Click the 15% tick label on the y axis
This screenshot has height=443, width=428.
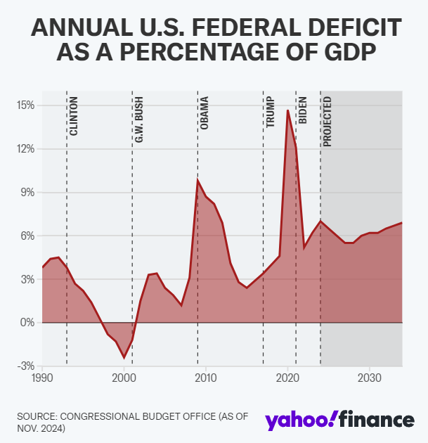(26, 105)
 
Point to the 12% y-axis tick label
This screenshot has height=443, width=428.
(26, 149)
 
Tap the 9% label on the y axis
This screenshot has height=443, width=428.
(28, 193)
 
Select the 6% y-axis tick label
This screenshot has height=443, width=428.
(28, 236)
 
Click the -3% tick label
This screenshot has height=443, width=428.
(26, 366)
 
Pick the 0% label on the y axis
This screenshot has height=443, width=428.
(28, 323)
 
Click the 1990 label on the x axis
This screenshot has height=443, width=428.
(42, 378)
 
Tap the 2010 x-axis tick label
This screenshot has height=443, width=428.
(206, 378)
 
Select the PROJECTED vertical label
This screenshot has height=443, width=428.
(328, 121)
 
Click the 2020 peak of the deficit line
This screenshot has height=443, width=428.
(287, 110)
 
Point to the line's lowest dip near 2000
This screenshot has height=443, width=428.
(124, 357)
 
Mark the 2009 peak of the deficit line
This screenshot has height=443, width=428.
(197, 180)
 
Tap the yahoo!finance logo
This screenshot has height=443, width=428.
(339, 420)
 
